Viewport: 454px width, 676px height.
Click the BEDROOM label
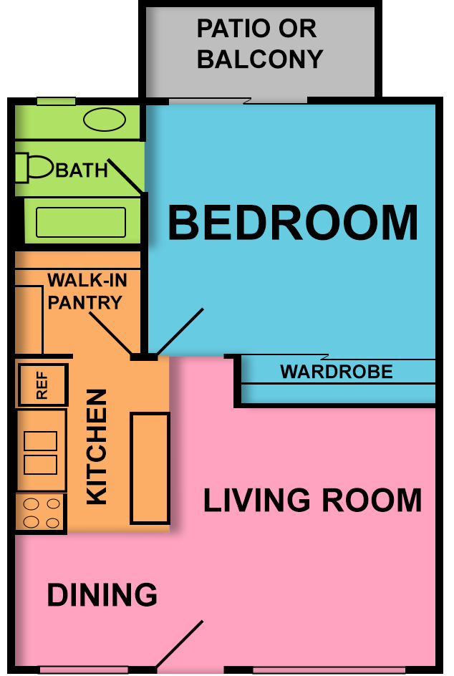(292, 223)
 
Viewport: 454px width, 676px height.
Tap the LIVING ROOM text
(313, 501)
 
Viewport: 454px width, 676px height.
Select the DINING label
(102, 596)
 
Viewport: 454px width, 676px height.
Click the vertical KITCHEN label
(97, 447)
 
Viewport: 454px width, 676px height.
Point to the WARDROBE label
(337, 372)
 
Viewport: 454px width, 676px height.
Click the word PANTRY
(85, 303)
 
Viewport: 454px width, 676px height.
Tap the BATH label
(82, 170)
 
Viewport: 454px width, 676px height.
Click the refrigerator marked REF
(42, 385)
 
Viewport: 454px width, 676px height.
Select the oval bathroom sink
(105, 120)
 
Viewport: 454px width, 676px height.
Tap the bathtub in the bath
(81, 222)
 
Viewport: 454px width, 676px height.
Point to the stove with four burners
(41, 513)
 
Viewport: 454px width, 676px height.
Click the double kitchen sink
(41, 453)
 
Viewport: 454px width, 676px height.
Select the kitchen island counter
(150, 468)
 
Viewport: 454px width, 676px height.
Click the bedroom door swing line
(180, 331)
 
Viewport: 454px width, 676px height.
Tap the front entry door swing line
(180, 644)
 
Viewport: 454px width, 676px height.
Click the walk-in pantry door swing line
(110, 332)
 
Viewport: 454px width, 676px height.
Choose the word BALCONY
(260, 59)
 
